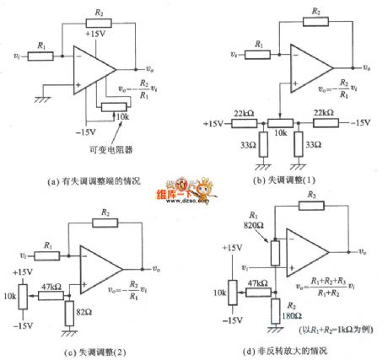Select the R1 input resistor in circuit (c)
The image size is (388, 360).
coord(51,252)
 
